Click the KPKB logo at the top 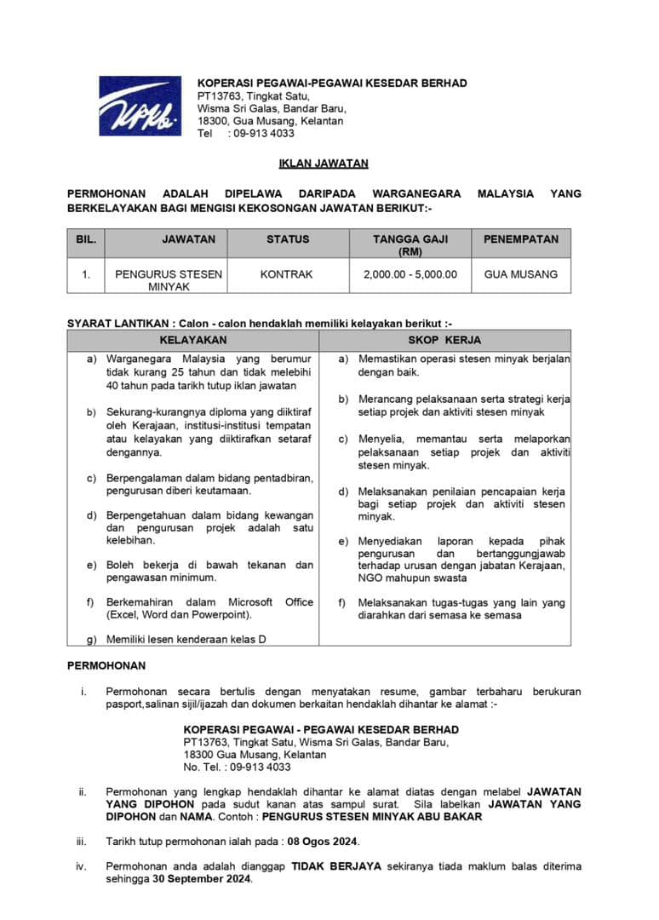click(140, 106)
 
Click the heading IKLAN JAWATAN click(324, 164)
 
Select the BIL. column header click(86, 239)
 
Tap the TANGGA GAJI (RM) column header click(410, 244)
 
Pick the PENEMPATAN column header click(521, 239)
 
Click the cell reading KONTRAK click(288, 274)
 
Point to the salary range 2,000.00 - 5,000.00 click(410, 274)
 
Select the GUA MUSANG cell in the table click(521, 274)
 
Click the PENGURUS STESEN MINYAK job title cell click(169, 280)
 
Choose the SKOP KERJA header click(450, 340)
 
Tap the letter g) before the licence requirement click(91, 639)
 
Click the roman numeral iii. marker click(82, 842)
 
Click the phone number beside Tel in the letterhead click(261, 133)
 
